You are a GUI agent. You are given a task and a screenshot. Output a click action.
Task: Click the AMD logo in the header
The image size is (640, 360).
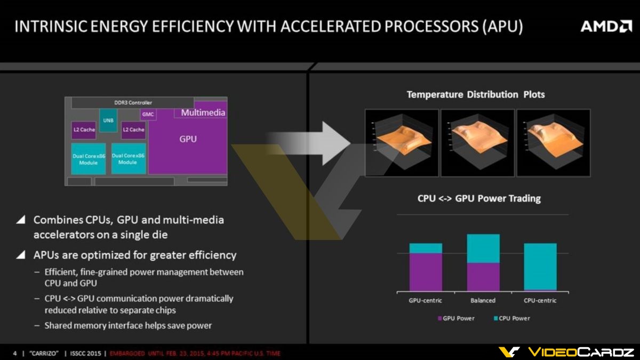605,26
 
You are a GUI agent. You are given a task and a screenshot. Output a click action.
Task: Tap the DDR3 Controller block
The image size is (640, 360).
133,102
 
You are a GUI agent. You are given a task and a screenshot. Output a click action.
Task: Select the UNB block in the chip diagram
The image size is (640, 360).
108,121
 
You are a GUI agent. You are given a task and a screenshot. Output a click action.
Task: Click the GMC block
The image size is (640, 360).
148,115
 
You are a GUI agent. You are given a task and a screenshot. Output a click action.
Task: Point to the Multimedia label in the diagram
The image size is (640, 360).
203,113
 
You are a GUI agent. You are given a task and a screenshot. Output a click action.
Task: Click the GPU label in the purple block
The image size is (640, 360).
188,139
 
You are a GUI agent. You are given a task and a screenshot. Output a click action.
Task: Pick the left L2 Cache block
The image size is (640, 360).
84,130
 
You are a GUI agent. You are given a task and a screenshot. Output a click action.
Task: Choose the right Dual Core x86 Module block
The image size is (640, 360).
128,158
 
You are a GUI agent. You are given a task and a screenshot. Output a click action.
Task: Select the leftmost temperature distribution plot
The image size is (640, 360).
401,142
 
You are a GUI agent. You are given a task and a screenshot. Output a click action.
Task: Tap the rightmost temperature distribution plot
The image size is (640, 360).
553,142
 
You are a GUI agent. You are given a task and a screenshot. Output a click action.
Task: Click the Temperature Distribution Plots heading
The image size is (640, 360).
476,94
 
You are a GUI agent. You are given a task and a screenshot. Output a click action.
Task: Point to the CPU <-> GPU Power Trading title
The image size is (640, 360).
479,198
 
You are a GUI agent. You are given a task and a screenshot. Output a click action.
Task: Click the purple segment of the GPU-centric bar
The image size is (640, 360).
426,272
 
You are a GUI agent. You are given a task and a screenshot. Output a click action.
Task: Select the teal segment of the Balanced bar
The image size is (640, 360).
483,249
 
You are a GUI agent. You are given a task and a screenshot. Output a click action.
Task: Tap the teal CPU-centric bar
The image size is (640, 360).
540,266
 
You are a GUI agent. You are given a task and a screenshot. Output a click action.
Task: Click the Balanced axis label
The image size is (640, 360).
483,300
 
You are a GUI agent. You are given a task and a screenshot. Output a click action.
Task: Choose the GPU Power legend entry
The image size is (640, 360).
455,318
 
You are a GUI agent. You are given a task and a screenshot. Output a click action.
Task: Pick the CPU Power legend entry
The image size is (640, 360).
511,318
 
